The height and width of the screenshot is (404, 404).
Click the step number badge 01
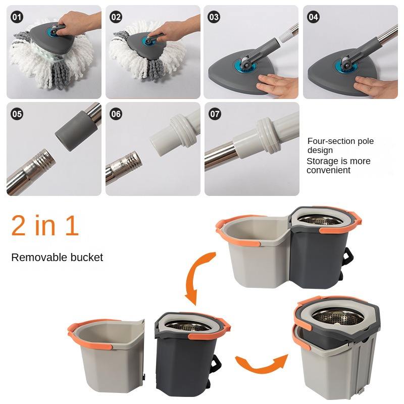pyautogui.click(x=17, y=17)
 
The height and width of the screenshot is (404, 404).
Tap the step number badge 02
pyautogui.click(x=116, y=17)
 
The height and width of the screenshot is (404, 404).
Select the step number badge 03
pyautogui.click(x=214, y=17)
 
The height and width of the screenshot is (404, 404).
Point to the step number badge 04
pyautogui.click(x=313, y=17)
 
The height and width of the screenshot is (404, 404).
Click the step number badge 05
pyautogui.click(x=17, y=114)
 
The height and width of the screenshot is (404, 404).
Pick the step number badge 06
pyautogui.click(x=116, y=114)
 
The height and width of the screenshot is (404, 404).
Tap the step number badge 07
pyautogui.click(x=215, y=114)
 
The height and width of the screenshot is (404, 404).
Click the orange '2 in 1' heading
pyautogui.click(x=45, y=225)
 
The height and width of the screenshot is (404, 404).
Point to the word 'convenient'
pyautogui.click(x=329, y=170)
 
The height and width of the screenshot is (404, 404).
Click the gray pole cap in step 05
pyautogui.click(x=76, y=130)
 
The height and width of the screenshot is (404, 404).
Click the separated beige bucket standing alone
pyautogui.click(x=108, y=356)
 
